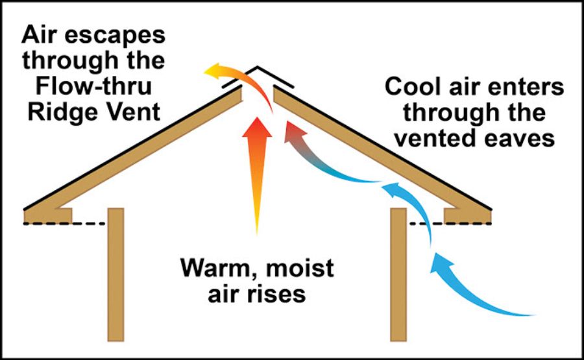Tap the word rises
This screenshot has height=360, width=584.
278,293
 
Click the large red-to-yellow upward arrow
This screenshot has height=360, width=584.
257,169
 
